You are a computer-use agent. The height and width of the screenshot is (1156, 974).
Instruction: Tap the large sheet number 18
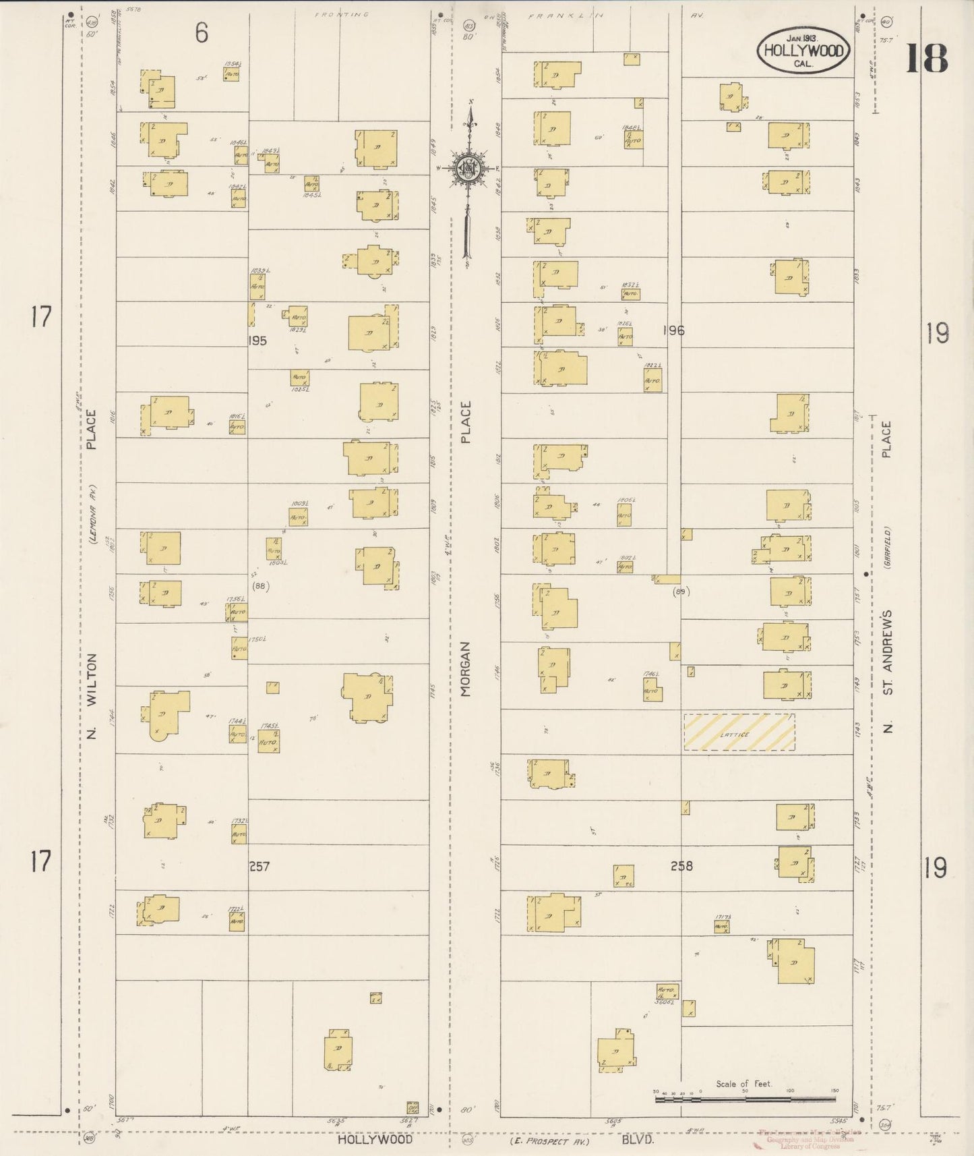point(926,58)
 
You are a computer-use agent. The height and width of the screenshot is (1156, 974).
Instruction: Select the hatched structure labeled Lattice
point(739,732)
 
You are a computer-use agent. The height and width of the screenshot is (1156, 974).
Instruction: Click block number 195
point(257,341)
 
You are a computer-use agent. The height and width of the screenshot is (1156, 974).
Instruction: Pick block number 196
point(673,330)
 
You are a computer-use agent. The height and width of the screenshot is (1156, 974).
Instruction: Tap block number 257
point(259,866)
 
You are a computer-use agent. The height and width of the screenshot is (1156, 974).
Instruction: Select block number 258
point(681,865)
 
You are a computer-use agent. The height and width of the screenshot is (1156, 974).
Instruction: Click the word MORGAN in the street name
point(466,668)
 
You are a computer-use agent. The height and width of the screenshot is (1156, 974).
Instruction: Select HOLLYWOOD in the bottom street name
point(374,1140)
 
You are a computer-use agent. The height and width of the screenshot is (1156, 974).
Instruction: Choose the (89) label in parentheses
point(681,591)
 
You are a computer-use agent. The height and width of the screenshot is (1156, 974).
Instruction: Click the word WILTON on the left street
point(92,678)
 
